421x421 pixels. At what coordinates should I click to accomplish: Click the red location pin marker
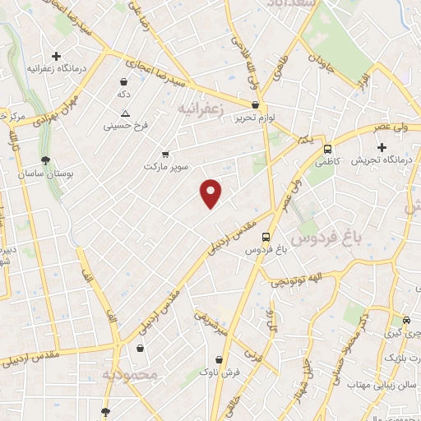tap(211, 193)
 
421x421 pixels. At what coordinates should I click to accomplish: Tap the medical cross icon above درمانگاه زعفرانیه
tap(56, 57)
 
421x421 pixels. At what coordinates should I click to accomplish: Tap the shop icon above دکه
tap(123, 82)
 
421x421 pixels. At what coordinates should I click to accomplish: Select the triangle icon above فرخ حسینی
tap(125, 114)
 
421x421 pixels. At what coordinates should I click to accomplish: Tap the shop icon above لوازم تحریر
tap(255, 105)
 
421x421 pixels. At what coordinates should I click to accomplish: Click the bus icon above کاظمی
tap(328, 150)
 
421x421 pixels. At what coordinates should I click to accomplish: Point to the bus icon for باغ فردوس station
tap(266, 236)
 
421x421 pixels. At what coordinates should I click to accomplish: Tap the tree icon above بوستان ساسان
tap(45, 160)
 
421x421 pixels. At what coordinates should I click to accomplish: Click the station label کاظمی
tap(328, 163)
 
